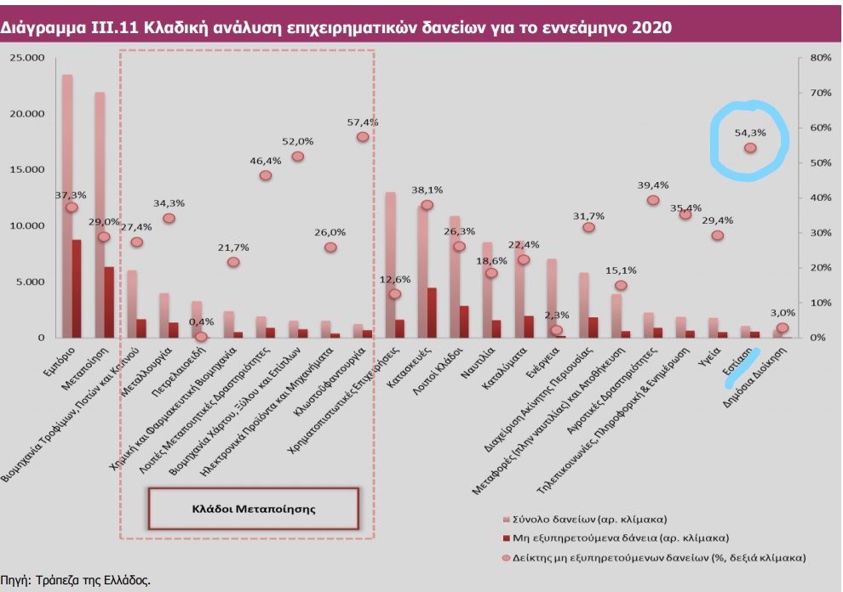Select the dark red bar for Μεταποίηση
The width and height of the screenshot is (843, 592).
pos(108,302)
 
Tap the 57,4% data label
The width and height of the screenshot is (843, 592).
pos(362,122)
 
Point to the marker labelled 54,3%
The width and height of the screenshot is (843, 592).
pos(750,148)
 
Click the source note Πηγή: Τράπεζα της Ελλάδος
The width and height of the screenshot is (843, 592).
pos(76,580)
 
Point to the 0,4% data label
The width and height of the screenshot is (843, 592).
pos(201,322)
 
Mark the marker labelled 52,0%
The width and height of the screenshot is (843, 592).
pos(297,157)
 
